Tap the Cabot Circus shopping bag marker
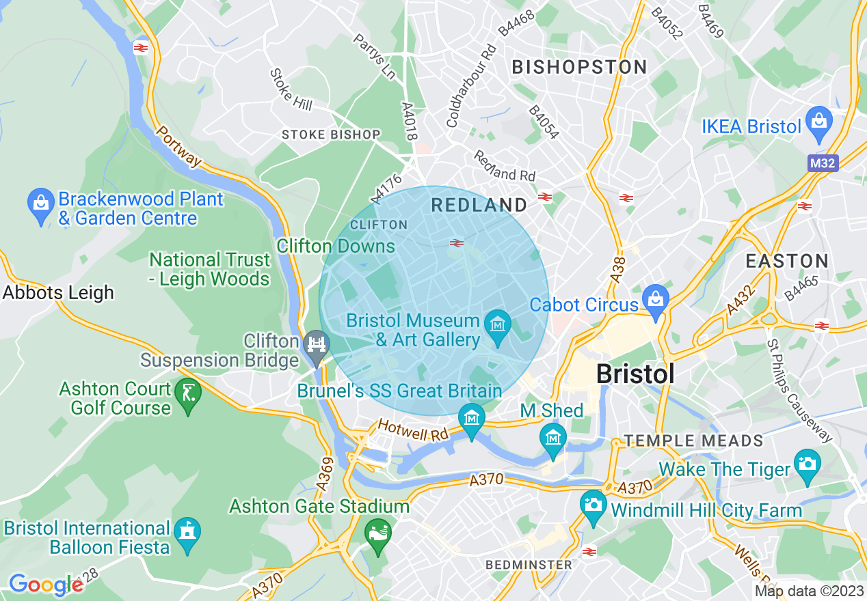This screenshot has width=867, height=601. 656,298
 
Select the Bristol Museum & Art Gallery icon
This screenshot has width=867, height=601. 497,323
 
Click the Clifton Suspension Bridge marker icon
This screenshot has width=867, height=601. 316,344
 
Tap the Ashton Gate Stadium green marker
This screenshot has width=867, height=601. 377,531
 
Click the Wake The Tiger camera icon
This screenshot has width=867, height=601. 807,464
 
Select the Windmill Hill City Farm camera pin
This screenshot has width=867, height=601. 593,505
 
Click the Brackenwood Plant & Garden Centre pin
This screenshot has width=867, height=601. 41,204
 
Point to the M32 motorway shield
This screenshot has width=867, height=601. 822,164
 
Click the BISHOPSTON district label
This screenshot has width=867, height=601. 579,67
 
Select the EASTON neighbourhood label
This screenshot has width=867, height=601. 786,261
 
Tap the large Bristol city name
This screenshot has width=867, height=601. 635,374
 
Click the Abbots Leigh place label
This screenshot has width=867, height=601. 58,293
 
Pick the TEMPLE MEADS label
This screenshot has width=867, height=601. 693,441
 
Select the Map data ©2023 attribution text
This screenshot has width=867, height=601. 808,591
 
